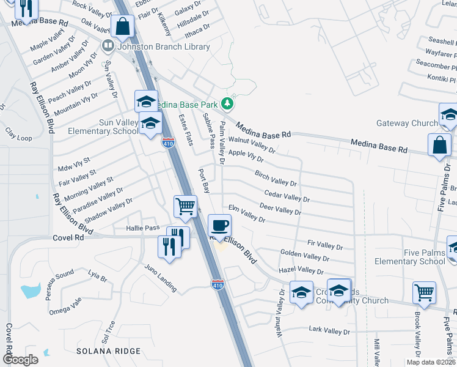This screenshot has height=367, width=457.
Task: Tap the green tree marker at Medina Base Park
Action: click(228, 103)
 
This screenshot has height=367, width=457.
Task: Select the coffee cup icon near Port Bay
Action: click(220, 226)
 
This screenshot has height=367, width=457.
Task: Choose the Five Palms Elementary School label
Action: click(406, 256)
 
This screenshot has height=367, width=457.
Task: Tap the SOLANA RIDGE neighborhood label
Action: click(108, 351)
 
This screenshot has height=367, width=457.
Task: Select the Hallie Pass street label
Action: click(142, 228)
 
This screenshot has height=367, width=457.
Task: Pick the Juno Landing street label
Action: click(160, 278)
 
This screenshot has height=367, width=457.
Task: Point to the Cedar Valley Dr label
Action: click(287, 196)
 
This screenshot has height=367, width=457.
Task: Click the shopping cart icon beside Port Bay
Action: click(185, 206)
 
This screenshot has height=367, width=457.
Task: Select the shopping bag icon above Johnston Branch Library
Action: click(122, 26)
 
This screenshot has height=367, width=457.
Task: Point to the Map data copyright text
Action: click(430, 362)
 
